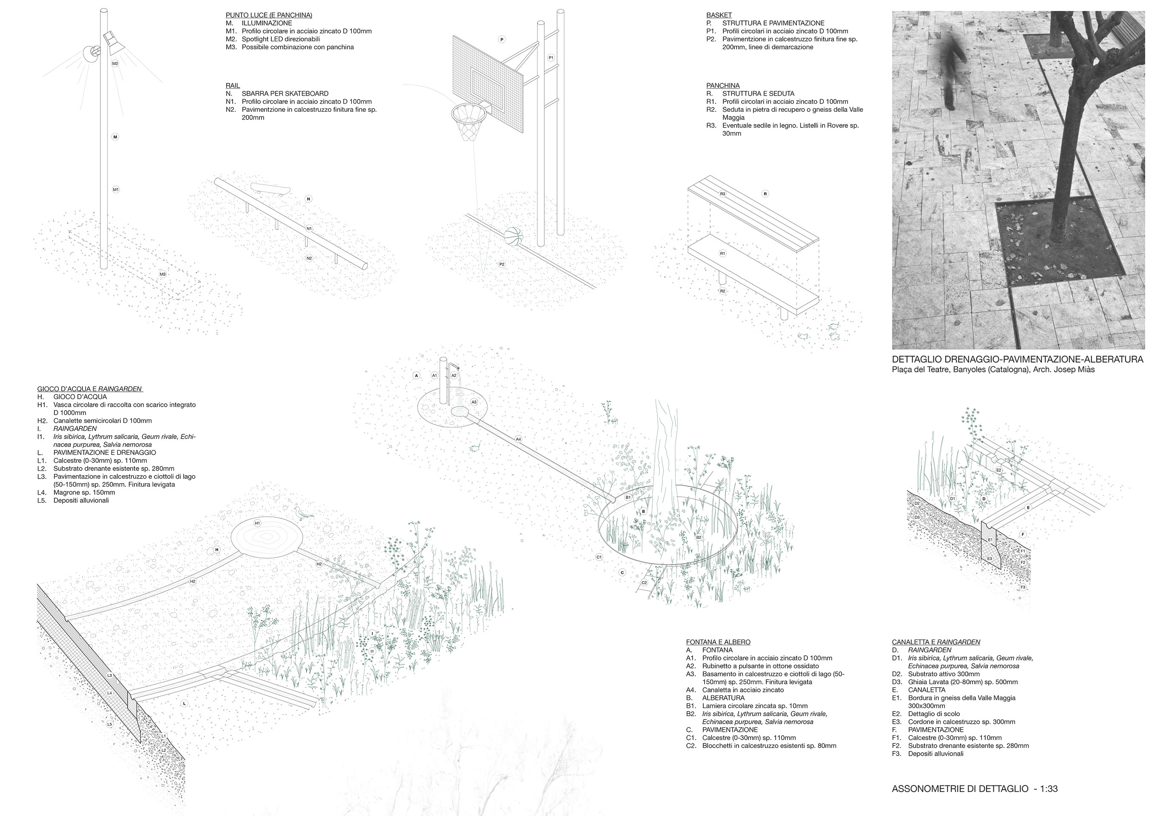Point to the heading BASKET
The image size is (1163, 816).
coord(719,15)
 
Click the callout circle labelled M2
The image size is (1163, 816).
coord(115,64)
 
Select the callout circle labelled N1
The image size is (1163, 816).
coord(309,229)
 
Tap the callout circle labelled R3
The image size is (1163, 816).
coord(723,194)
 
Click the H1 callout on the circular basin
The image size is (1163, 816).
coord(257,523)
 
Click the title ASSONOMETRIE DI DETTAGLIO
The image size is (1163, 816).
coord(960,789)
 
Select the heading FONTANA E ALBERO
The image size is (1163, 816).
coord(718,642)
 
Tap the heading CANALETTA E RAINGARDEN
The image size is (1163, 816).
coord(936,642)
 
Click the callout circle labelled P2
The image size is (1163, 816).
coord(501,264)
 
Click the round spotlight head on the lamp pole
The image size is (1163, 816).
coord(93,52)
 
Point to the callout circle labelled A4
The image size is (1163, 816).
coord(518,439)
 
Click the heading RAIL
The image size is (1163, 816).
coord(233,85)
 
